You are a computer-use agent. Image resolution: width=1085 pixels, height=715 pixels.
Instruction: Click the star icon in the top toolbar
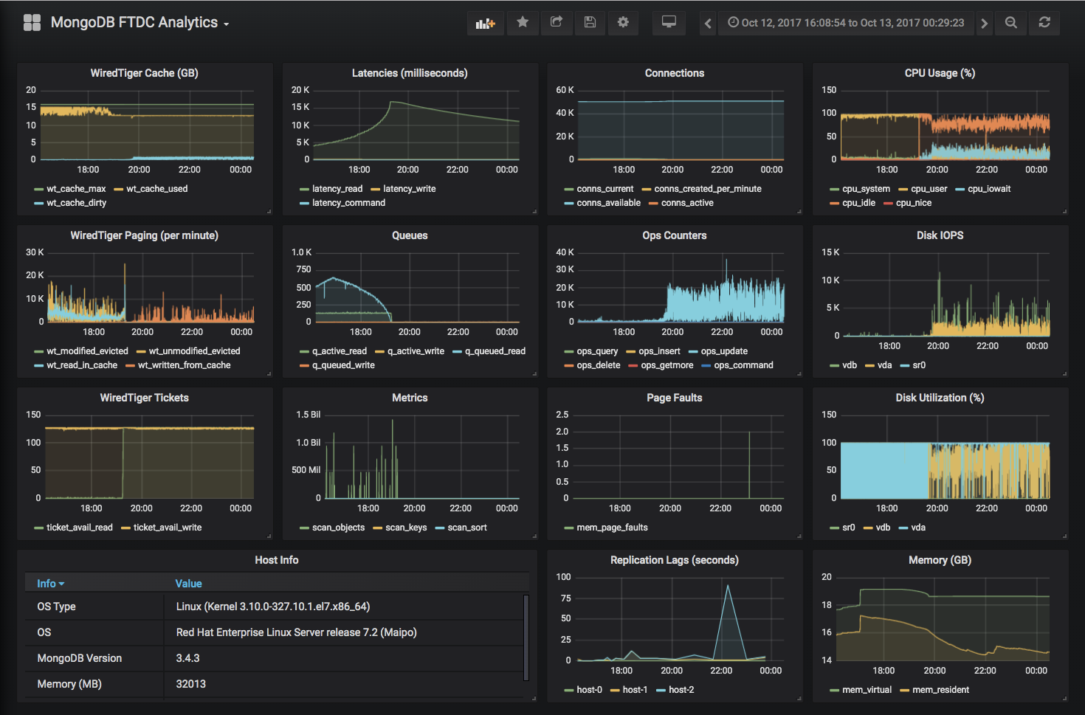point(523,22)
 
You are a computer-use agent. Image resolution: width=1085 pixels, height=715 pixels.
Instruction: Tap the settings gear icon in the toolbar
point(623,22)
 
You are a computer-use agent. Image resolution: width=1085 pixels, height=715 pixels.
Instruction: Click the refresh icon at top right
point(1044,22)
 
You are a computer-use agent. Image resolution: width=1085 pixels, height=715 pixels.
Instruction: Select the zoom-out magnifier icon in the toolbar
point(1011,22)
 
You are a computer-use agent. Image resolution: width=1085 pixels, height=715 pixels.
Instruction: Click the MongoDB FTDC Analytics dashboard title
point(134,22)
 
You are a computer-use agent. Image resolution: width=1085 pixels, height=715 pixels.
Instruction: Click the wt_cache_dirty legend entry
point(76,203)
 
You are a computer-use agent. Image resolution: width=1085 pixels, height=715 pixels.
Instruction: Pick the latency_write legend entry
point(409,189)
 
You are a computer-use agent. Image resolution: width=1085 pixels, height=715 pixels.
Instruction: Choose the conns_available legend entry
point(608,203)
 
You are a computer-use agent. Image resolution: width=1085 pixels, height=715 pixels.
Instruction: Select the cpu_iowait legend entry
point(989,189)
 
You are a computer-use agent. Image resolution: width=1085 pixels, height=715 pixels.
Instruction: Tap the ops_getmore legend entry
point(666,365)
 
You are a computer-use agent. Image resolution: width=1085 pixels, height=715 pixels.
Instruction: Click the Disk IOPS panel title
point(940,235)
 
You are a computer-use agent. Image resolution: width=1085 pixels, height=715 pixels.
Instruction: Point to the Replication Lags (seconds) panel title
point(674,560)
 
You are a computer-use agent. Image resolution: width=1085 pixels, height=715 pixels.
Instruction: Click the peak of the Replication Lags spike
point(728,586)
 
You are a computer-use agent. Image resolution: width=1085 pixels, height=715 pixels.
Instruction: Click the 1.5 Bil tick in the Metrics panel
point(308,415)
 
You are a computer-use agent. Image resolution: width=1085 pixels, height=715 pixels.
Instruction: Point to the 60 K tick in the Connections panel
point(565,90)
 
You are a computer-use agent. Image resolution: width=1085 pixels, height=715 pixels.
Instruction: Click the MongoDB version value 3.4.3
point(188,658)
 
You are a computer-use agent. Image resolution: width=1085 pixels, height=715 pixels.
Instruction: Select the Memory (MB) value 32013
point(191,684)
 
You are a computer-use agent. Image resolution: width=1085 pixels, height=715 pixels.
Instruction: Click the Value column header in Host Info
point(188,584)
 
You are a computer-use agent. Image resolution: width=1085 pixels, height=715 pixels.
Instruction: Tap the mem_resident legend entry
point(940,690)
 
